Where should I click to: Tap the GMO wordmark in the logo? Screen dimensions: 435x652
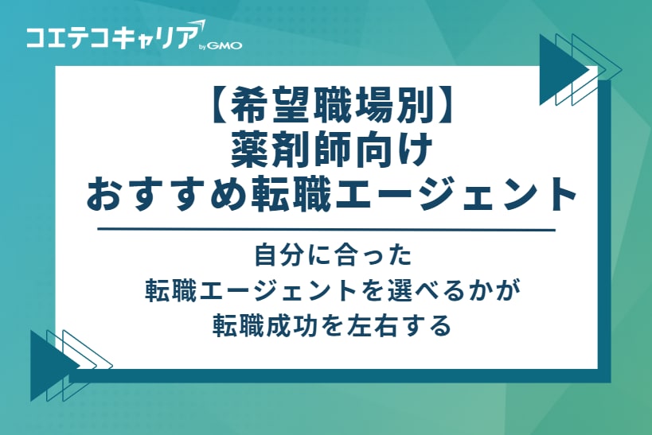[x=224, y=46]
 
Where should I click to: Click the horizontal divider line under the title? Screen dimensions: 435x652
[x=326, y=230]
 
